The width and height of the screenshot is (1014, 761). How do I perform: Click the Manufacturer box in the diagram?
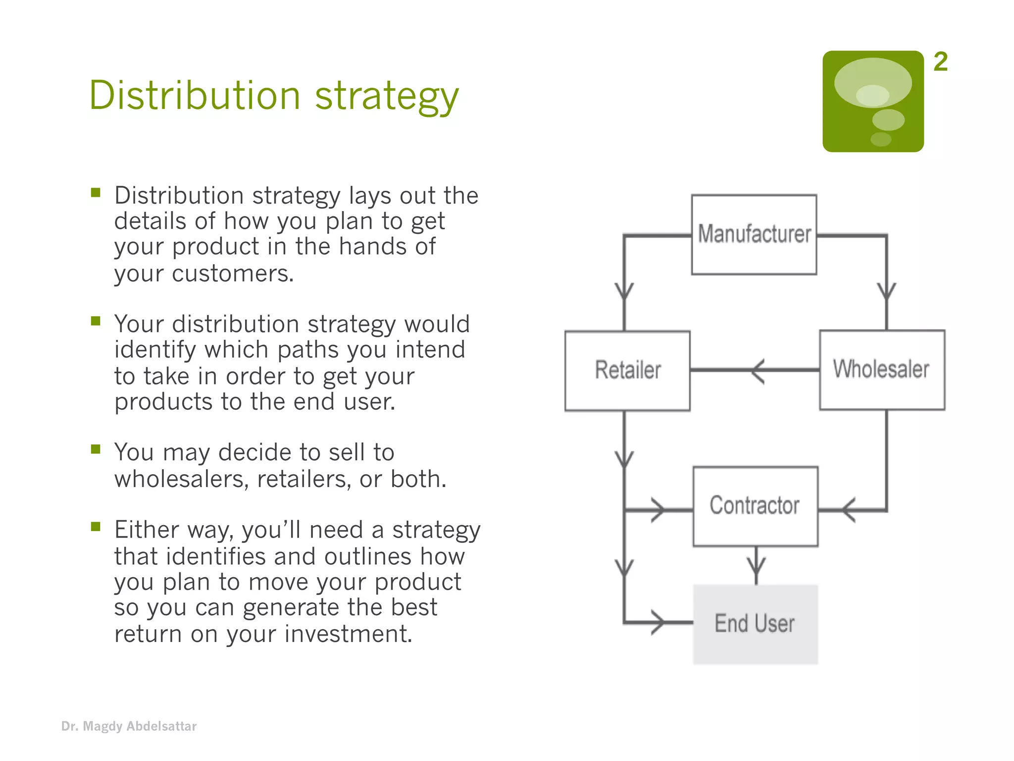754,234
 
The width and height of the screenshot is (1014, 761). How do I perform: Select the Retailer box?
627,371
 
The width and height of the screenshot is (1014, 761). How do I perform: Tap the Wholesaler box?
882,370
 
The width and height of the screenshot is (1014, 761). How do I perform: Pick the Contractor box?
755,506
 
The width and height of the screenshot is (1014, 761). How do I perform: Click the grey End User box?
755,624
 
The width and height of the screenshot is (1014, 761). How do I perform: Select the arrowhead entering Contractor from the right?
848,510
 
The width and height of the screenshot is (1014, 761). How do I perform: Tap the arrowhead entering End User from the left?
659,622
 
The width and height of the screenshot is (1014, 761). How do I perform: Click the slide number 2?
940,62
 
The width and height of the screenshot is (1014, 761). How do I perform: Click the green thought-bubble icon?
873,101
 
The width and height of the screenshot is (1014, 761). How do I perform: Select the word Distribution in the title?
195,95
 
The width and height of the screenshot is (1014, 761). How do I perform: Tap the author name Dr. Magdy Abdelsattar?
129,726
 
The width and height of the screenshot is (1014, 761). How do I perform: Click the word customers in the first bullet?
232,273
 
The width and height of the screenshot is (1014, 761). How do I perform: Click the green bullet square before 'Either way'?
96,526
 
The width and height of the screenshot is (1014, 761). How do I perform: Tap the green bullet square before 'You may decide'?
96,449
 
